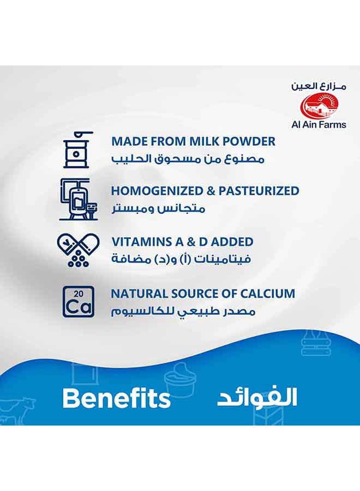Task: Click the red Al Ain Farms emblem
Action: pyautogui.click(x=319, y=106)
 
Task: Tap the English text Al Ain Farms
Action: pyautogui.click(x=319, y=124)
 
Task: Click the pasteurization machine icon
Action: pyautogui.click(x=78, y=199)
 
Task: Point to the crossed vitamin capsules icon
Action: pyautogui.click(x=78, y=251)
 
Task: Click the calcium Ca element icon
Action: pyautogui.click(x=78, y=302)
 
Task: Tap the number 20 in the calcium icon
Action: pyautogui.click(x=79, y=294)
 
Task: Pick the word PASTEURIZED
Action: pyautogui.click(x=259, y=191)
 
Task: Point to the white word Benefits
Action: pyautogui.click(x=116, y=398)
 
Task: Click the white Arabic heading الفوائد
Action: pyautogui.click(x=257, y=398)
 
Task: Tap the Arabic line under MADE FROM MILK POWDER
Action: pyautogui.click(x=188, y=159)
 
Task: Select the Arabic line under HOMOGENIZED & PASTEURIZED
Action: pyautogui.click(x=159, y=208)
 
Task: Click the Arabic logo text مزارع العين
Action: pyautogui.click(x=319, y=86)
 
